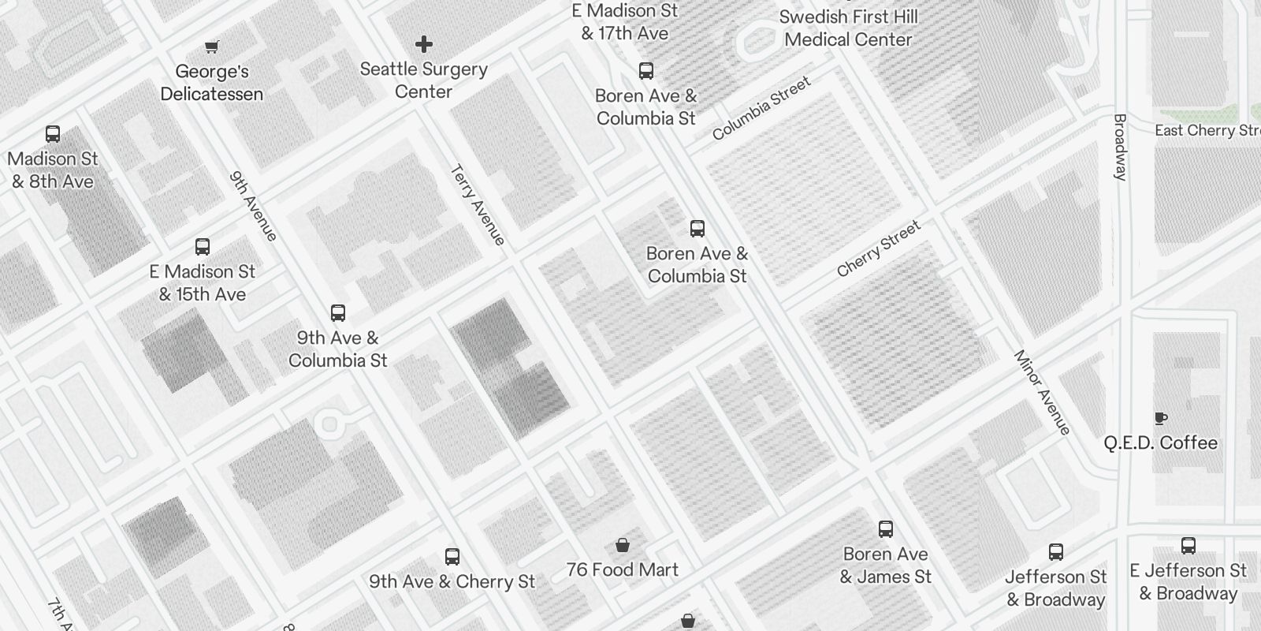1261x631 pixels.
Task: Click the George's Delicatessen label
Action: [x=211, y=83]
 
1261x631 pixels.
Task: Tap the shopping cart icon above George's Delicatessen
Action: [x=211, y=47]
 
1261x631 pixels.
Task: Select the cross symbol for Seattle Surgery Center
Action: [x=424, y=44]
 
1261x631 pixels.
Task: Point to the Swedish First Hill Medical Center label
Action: [x=848, y=28]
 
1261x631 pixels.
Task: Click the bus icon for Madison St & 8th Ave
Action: [x=53, y=134]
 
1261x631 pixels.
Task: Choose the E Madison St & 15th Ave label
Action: [x=203, y=282]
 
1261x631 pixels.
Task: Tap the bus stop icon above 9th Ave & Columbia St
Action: [x=338, y=313]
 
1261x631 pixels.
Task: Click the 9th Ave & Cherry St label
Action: [x=452, y=582]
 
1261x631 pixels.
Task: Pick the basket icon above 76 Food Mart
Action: [x=623, y=545]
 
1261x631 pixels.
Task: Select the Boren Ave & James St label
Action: [x=885, y=566]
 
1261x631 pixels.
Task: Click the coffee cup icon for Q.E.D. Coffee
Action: [x=1160, y=418]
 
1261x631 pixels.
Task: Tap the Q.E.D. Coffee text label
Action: [x=1160, y=443]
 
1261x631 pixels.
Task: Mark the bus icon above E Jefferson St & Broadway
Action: [x=1188, y=546]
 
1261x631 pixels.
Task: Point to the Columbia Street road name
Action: [x=761, y=109]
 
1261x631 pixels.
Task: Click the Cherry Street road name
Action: [x=878, y=249]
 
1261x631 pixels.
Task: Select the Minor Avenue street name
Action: [x=1042, y=392]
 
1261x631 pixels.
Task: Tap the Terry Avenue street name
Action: [x=478, y=205]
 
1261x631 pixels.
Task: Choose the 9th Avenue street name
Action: [x=253, y=207]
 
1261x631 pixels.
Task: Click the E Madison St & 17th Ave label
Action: [x=625, y=22]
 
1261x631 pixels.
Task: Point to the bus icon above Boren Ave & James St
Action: [x=886, y=529]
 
